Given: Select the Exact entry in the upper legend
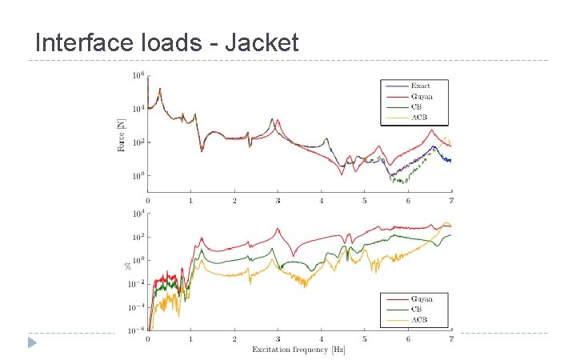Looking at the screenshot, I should click(x=420, y=86).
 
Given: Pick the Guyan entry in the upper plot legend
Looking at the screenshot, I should click(x=421, y=96).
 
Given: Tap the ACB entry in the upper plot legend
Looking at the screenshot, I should click(x=418, y=117).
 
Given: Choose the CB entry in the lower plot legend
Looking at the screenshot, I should click(x=417, y=309).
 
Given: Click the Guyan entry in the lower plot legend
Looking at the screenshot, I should click(x=421, y=298).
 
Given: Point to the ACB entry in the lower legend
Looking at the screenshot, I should click(x=418, y=320).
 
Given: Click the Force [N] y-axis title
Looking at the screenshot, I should click(x=122, y=136).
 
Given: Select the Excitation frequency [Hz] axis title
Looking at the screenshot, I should click(x=298, y=350).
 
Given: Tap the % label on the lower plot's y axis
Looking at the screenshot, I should click(x=126, y=263).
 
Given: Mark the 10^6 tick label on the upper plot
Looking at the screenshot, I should click(x=138, y=76).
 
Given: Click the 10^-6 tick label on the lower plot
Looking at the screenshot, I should click(x=137, y=330).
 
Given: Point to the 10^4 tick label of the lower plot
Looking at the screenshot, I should click(x=138, y=214).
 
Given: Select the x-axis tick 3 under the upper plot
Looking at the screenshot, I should click(x=278, y=201).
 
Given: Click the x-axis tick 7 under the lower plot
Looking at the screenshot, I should click(x=451, y=340).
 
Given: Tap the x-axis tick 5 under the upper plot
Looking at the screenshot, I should click(x=364, y=201).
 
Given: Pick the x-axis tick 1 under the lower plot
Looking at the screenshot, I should click(x=190, y=340).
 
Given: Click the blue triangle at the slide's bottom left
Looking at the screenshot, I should click(x=31, y=343).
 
